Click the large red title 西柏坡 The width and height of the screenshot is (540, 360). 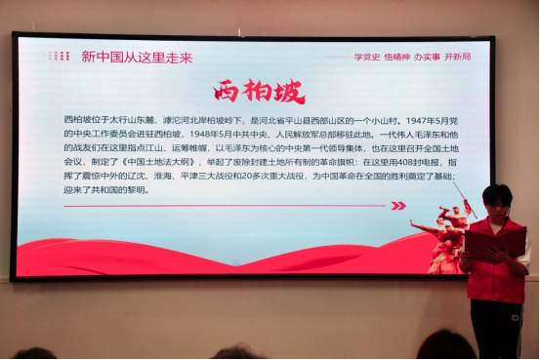[260, 91]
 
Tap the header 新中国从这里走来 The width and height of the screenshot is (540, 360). [137, 57]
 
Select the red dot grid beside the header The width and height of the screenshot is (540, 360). [60, 57]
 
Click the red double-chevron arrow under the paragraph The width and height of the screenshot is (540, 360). [397, 206]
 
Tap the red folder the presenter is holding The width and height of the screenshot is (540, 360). [494, 241]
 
